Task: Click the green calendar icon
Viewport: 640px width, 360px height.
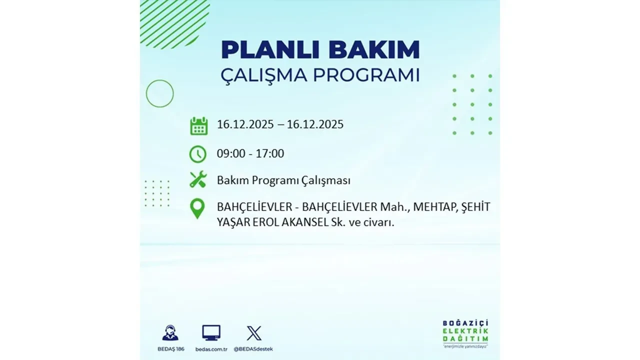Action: click(x=198, y=126)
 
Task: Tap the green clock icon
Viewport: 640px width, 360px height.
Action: click(x=198, y=154)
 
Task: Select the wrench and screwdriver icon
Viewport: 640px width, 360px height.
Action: click(x=198, y=179)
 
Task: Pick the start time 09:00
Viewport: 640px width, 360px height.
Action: click(x=231, y=154)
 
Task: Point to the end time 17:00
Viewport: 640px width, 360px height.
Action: click(x=269, y=154)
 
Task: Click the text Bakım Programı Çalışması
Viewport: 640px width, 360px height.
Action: click(x=283, y=181)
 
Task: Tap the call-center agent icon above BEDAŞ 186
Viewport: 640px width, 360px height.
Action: click(x=170, y=332)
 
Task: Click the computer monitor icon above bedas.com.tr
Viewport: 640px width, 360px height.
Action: click(x=211, y=332)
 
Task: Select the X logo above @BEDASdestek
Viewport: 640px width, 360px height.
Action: click(x=254, y=332)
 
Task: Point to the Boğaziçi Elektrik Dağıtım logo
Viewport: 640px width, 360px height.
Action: click(x=465, y=333)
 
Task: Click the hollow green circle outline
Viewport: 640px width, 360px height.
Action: click(x=160, y=93)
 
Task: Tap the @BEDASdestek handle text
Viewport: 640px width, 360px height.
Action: click(x=254, y=349)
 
